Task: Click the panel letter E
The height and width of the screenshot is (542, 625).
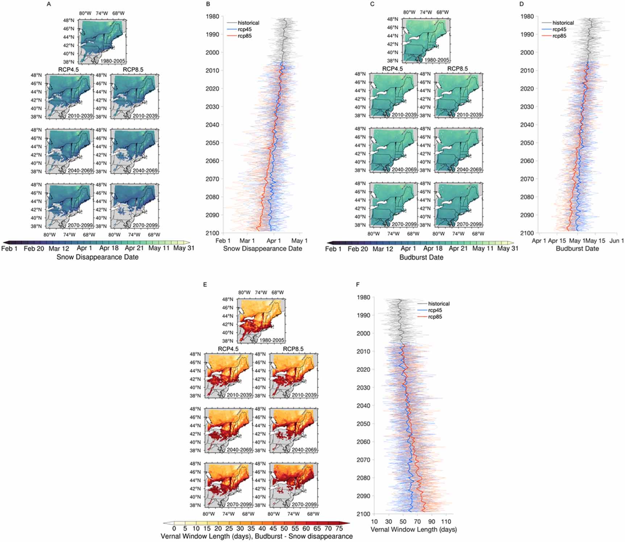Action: point(205,285)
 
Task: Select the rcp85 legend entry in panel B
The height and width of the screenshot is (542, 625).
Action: point(245,36)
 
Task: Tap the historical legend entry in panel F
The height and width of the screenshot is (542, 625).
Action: point(439,304)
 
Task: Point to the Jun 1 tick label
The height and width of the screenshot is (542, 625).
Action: point(617,241)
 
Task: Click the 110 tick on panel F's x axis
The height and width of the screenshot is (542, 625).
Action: point(446,521)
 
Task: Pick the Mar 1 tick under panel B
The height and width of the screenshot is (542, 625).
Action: point(247,241)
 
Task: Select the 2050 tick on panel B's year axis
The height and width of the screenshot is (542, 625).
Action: point(212,143)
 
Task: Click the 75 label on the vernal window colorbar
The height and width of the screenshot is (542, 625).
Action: point(339,529)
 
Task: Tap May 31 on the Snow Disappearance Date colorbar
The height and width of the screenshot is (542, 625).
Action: point(184,248)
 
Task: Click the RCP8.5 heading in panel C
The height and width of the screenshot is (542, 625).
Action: point(457,68)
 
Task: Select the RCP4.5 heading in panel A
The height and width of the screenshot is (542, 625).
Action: point(68,70)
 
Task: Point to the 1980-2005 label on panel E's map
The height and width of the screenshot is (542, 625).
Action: point(272,340)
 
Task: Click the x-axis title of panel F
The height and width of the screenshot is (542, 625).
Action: point(413,529)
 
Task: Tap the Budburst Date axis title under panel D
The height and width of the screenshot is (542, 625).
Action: point(577,249)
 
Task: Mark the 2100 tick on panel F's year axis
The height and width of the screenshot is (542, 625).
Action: point(363,514)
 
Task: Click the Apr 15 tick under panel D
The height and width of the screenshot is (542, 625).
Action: point(557,241)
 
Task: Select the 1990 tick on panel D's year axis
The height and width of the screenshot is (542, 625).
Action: point(527,34)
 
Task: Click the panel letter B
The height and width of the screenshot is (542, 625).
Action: point(208,4)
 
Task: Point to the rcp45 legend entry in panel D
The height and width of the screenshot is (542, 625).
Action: point(559,29)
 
